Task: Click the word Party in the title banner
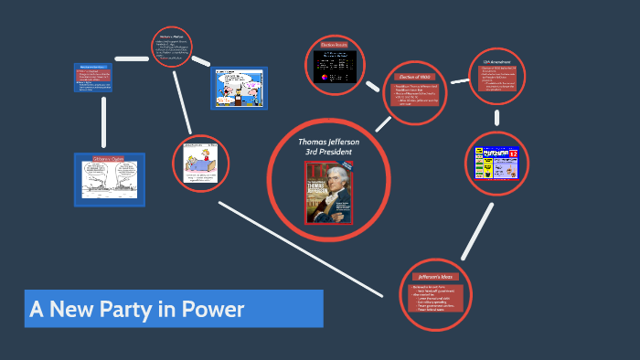[116, 309]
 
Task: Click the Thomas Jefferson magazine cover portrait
[329, 192]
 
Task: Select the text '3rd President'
[328, 152]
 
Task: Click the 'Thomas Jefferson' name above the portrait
[329, 142]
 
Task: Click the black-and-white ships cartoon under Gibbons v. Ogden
[109, 180]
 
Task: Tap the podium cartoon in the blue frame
[239, 88]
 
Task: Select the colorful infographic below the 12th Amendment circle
[496, 163]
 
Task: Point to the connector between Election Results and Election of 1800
[372, 87]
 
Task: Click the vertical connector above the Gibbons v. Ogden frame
[104, 122]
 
